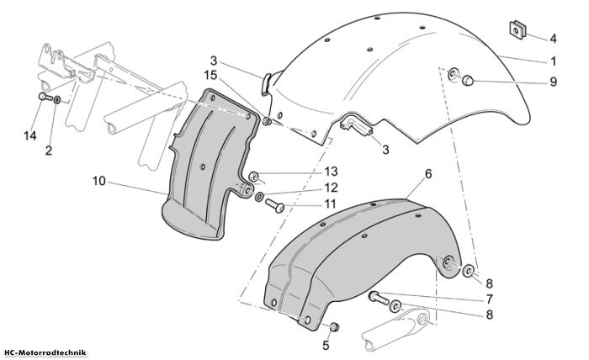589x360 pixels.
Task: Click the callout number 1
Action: pyautogui.click(x=554, y=61)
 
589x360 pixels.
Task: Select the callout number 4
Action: pyautogui.click(x=553, y=39)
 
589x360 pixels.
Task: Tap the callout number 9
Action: pyautogui.click(x=554, y=82)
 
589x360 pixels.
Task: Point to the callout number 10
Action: pyautogui.click(x=99, y=181)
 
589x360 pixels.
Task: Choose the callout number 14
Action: pyautogui.click(x=30, y=135)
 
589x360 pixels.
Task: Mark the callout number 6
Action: pyautogui.click(x=428, y=174)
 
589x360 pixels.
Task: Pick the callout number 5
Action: pyautogui.click(x=326, y=346)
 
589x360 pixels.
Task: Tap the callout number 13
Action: pyautogui.click(x=332, y=172)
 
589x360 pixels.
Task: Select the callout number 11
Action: pyautogui.click(x=330, y=204)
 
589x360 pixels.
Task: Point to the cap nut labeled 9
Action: pyautogui.click(x=467, y=81)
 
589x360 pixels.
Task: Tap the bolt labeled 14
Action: pyautogui.click(x=45, y=97)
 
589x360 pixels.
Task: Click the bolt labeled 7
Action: pyautogui.click(x=379, y=298)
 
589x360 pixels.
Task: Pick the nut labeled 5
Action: pyautogui.click(x=334, y=326)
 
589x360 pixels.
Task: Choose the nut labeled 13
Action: pyautogui.click(x=254, y=176)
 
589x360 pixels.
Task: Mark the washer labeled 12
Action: pyautogui.click(x=259, y=196)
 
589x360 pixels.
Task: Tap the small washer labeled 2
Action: pyautogui.click(x=57, y=100)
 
